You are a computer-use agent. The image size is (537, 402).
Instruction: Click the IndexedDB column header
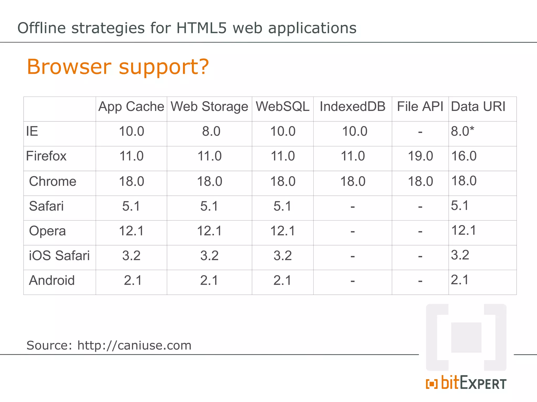352,107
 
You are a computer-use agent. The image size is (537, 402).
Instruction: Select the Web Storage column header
209,107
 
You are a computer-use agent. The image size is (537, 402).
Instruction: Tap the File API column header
420,107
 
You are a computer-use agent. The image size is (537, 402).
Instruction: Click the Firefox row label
46,156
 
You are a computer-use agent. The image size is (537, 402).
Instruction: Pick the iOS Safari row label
59,256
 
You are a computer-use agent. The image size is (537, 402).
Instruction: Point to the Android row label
52,281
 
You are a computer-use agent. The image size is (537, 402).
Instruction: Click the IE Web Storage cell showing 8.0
211,131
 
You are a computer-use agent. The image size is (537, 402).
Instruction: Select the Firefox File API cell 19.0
420,156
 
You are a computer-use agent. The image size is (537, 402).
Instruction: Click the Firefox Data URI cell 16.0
464,156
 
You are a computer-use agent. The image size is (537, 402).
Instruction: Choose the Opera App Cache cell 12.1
131,231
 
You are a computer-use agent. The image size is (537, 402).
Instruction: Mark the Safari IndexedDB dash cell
353,207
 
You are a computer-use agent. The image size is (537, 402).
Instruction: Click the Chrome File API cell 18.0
420,181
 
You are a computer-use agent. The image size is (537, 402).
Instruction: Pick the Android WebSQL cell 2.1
282,281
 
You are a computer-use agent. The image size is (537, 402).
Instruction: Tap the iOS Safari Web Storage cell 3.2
209,256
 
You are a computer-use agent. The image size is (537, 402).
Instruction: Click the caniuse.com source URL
134,345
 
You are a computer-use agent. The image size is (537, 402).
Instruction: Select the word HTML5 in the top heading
201,28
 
